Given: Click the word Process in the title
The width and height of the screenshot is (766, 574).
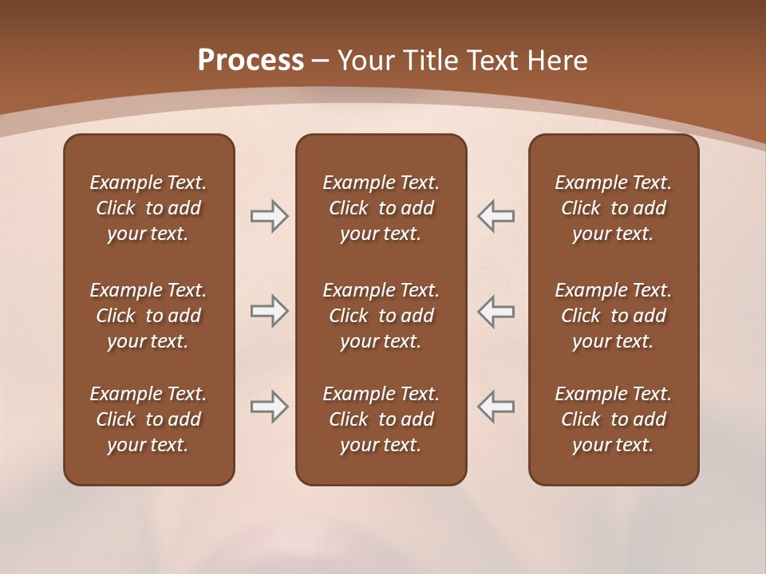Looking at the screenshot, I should click(x=251, y=61).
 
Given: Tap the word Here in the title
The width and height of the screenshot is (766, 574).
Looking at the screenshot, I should click(x=557, y=61).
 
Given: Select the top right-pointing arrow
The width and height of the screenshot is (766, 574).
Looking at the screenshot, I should click(x=269, y=216).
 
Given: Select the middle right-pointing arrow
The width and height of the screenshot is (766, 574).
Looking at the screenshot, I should click(x=269, y=311).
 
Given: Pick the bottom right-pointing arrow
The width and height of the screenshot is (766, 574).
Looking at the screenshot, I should click(x=269, y=407).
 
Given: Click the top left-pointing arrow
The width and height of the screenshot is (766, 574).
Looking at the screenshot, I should click(x=496, y=216).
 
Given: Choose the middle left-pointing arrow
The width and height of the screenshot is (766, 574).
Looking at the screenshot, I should click(x=496, y=311).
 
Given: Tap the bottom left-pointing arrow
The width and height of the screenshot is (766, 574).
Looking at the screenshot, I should click(x=496, y=407).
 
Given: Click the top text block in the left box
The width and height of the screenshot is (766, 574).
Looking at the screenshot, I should click(x=148, y=208).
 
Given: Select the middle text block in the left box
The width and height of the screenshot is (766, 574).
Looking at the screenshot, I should click(x=148, y=316).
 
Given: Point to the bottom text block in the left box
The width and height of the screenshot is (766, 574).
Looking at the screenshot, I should click(x=148, y=419).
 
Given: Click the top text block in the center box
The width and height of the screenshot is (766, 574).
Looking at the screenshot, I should click(x=381, y=208).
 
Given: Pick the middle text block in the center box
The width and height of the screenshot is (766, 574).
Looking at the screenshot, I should click(x=381, y=316).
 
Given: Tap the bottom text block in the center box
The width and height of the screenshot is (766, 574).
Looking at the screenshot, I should click(x=381, y=419).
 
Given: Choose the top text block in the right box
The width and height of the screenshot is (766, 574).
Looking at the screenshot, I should click(x=613, y=208).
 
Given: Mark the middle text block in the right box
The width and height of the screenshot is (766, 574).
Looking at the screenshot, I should click(x=613, y=316).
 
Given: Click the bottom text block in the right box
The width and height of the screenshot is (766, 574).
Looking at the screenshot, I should click(x=613, y=419).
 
